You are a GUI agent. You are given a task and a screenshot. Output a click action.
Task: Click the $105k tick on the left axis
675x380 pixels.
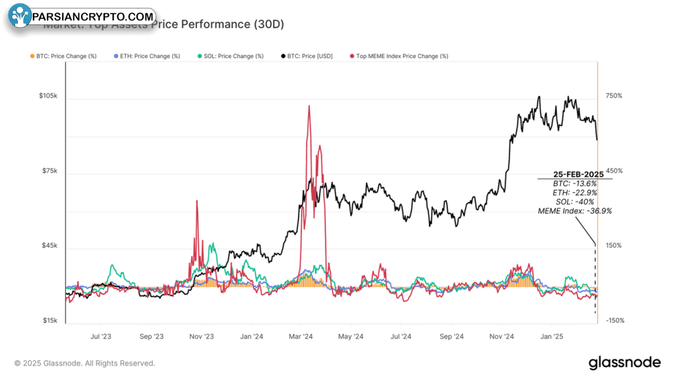[48, 96]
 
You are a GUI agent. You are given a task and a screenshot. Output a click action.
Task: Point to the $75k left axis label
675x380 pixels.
[49, 172]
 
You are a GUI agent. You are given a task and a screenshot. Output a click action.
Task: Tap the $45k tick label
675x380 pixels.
[49, 246]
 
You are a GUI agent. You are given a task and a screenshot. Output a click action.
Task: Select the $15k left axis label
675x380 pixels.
[49, 321]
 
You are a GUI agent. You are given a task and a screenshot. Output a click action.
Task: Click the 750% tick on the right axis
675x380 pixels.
[614, 96]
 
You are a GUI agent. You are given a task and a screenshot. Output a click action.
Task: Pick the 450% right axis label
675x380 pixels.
[614, 172]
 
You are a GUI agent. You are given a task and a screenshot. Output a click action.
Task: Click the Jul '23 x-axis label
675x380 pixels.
[101, 336]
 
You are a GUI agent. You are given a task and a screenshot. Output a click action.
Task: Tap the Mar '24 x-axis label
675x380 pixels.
[301, 336]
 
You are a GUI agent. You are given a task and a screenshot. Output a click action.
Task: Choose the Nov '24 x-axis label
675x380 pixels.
[501, 336]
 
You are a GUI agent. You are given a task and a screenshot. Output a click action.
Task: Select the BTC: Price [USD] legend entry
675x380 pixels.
[308, 56]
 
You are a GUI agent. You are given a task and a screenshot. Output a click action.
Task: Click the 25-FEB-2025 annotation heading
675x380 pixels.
[574, 175]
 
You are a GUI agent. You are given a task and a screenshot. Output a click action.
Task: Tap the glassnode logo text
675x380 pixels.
[624, 362]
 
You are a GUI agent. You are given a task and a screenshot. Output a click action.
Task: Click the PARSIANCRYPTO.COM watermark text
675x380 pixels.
[92, 16]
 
